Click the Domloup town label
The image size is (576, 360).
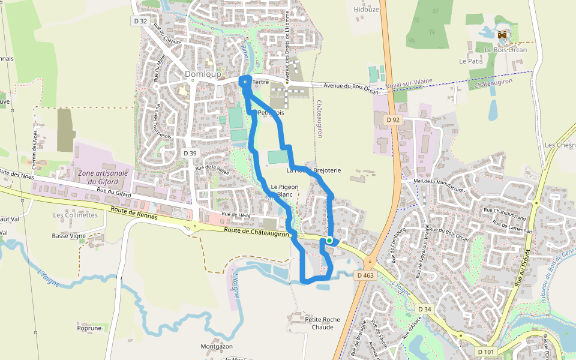tap(203, 74)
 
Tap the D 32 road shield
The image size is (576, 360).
tap(140, 20)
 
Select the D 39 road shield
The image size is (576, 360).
tap(190, 154)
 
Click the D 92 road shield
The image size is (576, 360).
tap(393, 120)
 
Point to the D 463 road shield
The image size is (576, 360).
tap(365, 275)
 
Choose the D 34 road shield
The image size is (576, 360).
tap(424, 309)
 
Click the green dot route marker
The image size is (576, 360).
tap(329, 240)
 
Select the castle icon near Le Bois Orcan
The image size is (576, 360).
tap(502, 35)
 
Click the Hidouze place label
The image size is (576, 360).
tap(367, 10)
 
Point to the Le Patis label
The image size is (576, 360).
tap(471, 61)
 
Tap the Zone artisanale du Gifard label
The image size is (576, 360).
tap(103, 177)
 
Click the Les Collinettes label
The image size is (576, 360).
tap(75, 215)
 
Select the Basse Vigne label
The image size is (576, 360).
tap(68, 236)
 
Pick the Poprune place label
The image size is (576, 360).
tap(89, 328)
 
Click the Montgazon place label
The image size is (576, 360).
tap(217, 347)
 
